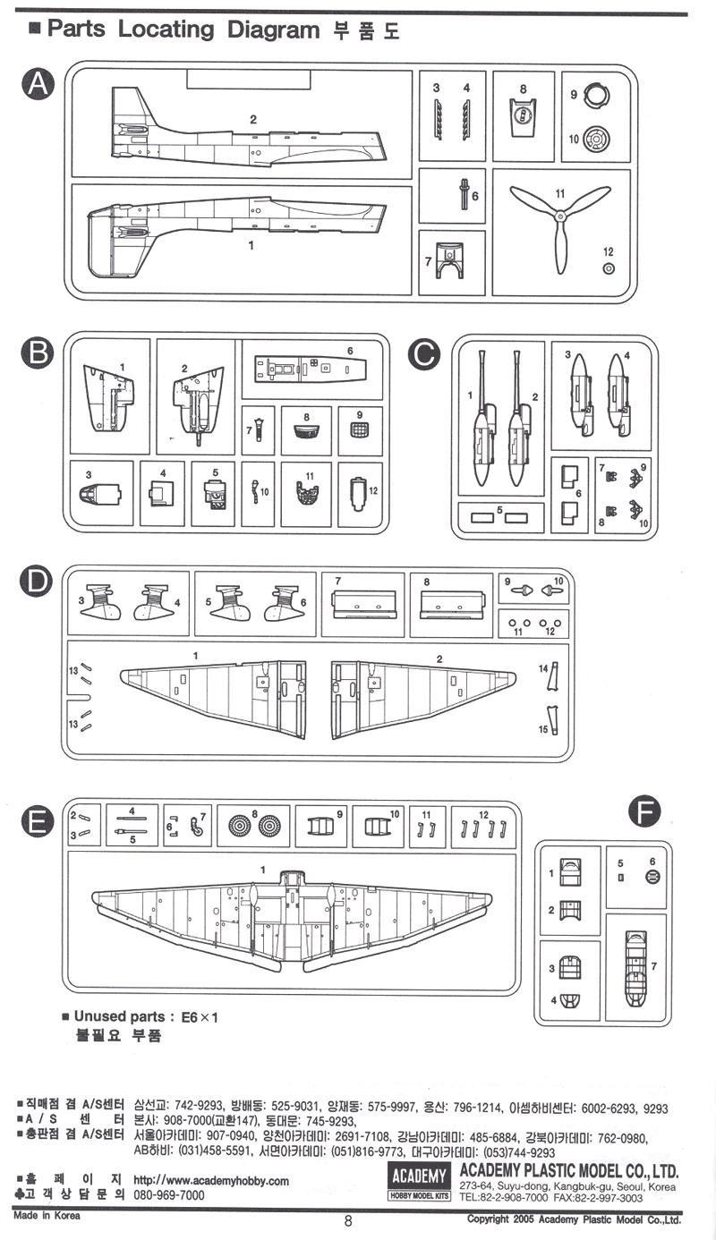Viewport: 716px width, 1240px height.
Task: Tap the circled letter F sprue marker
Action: click(x=644, y=812)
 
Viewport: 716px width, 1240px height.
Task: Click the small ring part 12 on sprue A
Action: click(x=609, y=268)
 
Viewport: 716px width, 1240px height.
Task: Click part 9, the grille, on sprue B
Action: click(x=359, y=429)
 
